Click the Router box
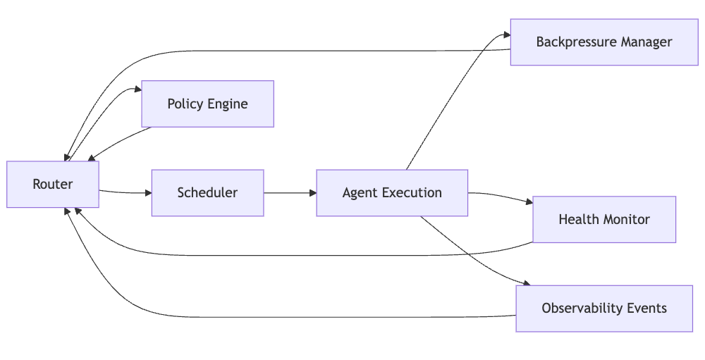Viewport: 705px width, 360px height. (x=53, y=185)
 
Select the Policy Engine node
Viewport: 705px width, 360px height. (x=207, y=104)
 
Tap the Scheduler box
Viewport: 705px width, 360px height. (x=207, y=192)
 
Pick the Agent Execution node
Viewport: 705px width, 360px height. (x=392, y=192)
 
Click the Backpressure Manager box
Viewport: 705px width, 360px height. (x=604, y=42)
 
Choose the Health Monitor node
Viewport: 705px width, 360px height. (x=604, y=219)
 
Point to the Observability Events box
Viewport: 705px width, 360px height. (x=604, y=308)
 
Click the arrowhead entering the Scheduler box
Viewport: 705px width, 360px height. (x=147, y=192)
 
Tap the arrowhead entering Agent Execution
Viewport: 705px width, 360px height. (x=312, y=192)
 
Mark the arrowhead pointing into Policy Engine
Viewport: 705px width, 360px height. (x=137, y=89)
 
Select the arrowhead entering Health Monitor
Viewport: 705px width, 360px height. (x=529, y=203)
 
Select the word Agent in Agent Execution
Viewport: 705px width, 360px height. (x=357, y=192)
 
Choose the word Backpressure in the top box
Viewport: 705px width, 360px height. (x=572, y=42)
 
